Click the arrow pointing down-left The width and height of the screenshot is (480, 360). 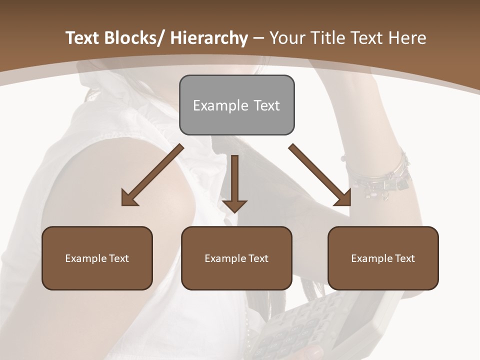click(x=152, y=175)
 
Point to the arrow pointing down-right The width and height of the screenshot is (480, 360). click(x=319, y=174)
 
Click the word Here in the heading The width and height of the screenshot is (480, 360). click(x=408, y=38)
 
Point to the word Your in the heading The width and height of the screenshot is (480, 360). click(x=286, y=38)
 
